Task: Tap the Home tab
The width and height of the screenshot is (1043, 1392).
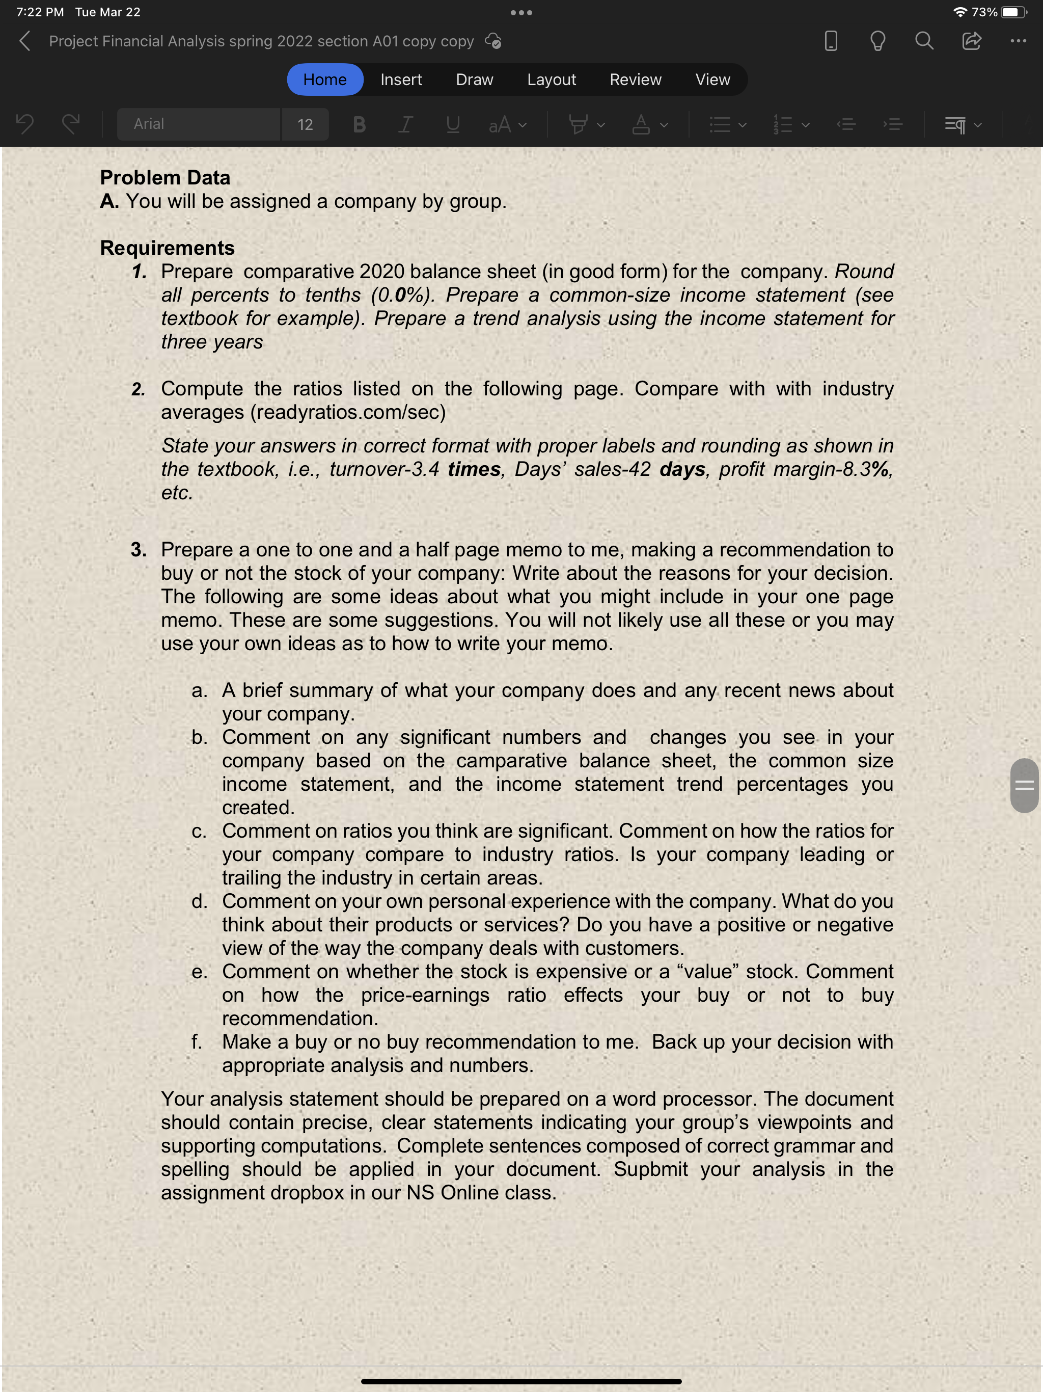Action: tap(324, 80)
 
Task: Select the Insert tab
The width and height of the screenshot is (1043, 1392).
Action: tap(401, 80)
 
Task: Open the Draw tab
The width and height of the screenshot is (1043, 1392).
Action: tap(474, 80)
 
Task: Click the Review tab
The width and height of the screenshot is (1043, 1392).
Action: tap(636, 80)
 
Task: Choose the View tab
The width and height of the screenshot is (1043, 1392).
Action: tap(712, 80)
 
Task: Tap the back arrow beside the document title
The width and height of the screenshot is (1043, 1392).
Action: tap(25, 42)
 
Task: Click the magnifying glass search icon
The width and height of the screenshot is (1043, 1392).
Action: tap(923, 42)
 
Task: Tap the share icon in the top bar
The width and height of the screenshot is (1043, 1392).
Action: tap(971, 42)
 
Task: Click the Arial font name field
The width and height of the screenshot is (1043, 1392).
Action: tap(198, 124)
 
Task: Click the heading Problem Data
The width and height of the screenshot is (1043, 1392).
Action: tap(166, 177)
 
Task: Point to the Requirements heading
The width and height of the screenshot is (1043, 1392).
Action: tap(168, 248)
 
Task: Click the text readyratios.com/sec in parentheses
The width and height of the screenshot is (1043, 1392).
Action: tap(348, 412)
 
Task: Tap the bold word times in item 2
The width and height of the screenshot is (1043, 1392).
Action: tap(474, 469)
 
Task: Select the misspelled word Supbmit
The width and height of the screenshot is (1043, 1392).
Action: tap(650, 1169)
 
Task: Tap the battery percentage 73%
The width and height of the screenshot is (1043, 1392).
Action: tap(984, 12)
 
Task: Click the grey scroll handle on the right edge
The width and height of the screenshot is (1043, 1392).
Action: tap(1024, 785)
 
